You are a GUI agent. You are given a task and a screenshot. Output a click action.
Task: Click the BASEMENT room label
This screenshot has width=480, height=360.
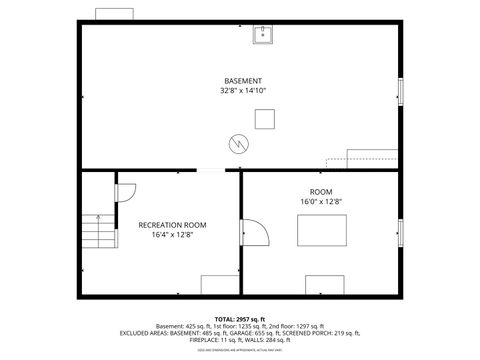click(243, 80)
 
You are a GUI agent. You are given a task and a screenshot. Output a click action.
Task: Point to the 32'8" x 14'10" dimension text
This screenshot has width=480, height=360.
click(243, 91)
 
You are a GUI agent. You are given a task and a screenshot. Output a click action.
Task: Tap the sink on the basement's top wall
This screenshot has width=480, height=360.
click(264, 37)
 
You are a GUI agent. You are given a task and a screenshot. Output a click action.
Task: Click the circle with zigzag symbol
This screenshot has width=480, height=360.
click(237, 142)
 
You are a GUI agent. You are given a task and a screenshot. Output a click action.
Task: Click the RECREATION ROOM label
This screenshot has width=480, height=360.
click(172, 225)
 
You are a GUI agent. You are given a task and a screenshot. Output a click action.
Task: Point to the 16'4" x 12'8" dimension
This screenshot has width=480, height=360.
click(172, 236)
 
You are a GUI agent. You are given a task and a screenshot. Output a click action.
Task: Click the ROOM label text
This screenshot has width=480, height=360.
click(321, 191)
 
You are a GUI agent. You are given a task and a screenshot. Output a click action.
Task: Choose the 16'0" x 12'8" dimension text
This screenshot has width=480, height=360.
click(321, 202)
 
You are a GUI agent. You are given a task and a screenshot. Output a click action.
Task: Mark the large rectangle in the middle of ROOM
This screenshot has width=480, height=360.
click(324, 230)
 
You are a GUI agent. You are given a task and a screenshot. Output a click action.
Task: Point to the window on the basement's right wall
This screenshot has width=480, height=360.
click(401, 91)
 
